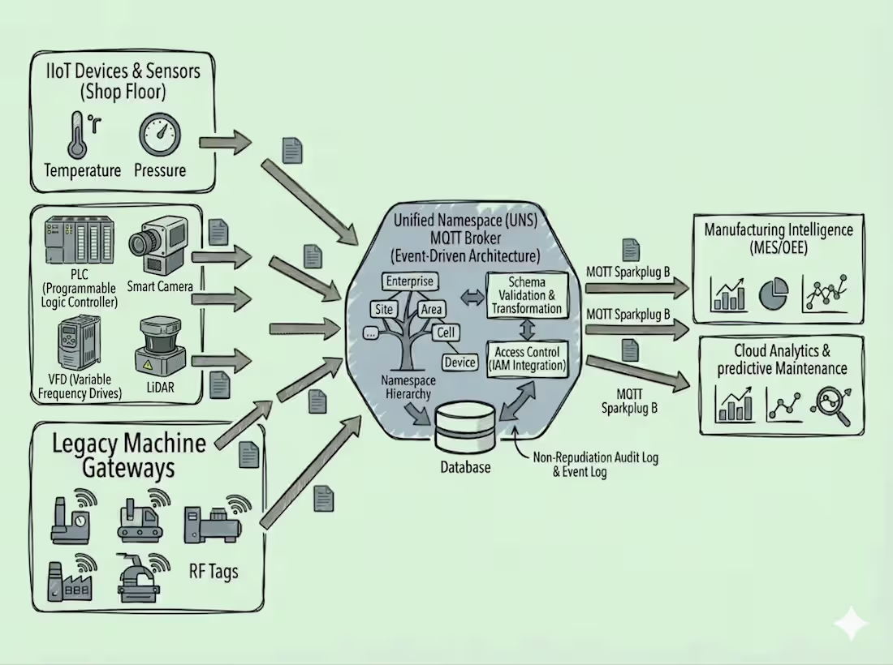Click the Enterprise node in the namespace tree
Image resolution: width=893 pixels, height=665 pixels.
tap(410, 281)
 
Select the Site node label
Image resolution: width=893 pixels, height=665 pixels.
tap(383, 309)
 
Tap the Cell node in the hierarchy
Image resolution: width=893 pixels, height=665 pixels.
tap(446, 332)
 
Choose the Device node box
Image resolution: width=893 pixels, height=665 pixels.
tap(460, 363)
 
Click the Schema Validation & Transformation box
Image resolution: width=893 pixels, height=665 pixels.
tap(526, 295)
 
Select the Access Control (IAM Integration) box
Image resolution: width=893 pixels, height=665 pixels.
tap(526, 358)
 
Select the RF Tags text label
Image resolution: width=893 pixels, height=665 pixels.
tap(214, 571)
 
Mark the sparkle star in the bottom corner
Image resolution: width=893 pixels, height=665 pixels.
tap(850, 623)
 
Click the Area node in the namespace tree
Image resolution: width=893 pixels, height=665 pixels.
tap(432, 309)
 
